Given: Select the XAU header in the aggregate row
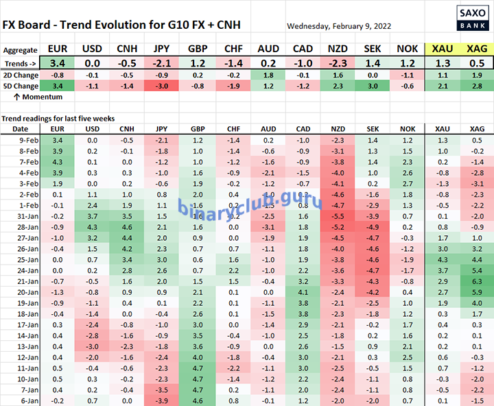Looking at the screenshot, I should coord(442,49).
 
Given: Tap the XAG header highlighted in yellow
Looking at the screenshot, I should coord(477,49).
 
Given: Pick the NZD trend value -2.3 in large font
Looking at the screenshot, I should coord(338,62).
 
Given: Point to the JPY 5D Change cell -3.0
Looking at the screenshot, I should coord(162,86).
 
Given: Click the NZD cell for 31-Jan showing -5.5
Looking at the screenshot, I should coord(338,216).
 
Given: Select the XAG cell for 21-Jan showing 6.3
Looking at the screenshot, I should coord(477,281).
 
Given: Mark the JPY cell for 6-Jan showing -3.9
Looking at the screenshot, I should coord(162,400).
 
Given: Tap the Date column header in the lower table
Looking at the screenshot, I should coord(21,129).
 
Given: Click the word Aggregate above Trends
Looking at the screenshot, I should coord(20,50).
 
